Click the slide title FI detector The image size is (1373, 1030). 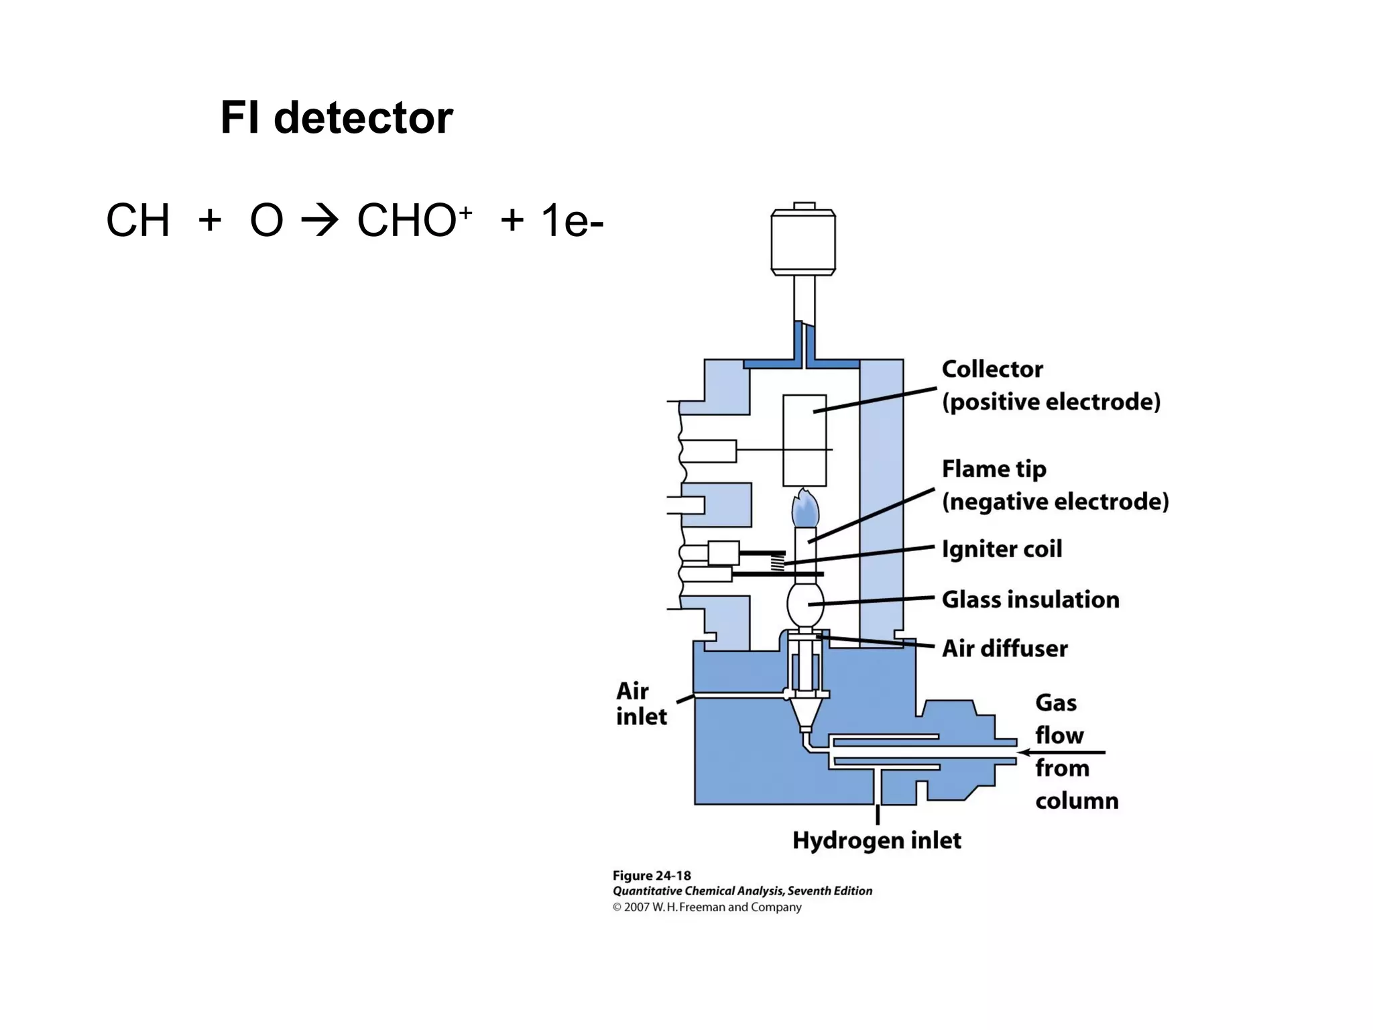(x=337, y=118)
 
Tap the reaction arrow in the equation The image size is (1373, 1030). (x=320, y=221)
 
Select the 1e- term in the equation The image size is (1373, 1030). (x=572, y=221)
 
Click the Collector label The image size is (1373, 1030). (x=992, y=369)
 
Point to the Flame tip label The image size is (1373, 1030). (x=994, y=469)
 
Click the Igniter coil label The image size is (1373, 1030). (x=1002, y=549)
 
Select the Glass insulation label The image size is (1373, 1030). (x=1030, y=599)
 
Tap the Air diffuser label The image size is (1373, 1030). (x=1004, y=648)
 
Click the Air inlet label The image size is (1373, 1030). (x=640, y=703)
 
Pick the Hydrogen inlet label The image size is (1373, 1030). (x=876, y=840)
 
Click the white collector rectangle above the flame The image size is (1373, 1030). (x=804, y=439)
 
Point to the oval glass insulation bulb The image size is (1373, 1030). (x=804, y=604)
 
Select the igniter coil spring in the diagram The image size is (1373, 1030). (x=778, y=562)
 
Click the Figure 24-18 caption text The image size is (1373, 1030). (x=652, y=876)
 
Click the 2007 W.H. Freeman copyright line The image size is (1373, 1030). (x=707, y=907)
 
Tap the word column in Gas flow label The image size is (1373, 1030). (x=1077, y=801)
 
